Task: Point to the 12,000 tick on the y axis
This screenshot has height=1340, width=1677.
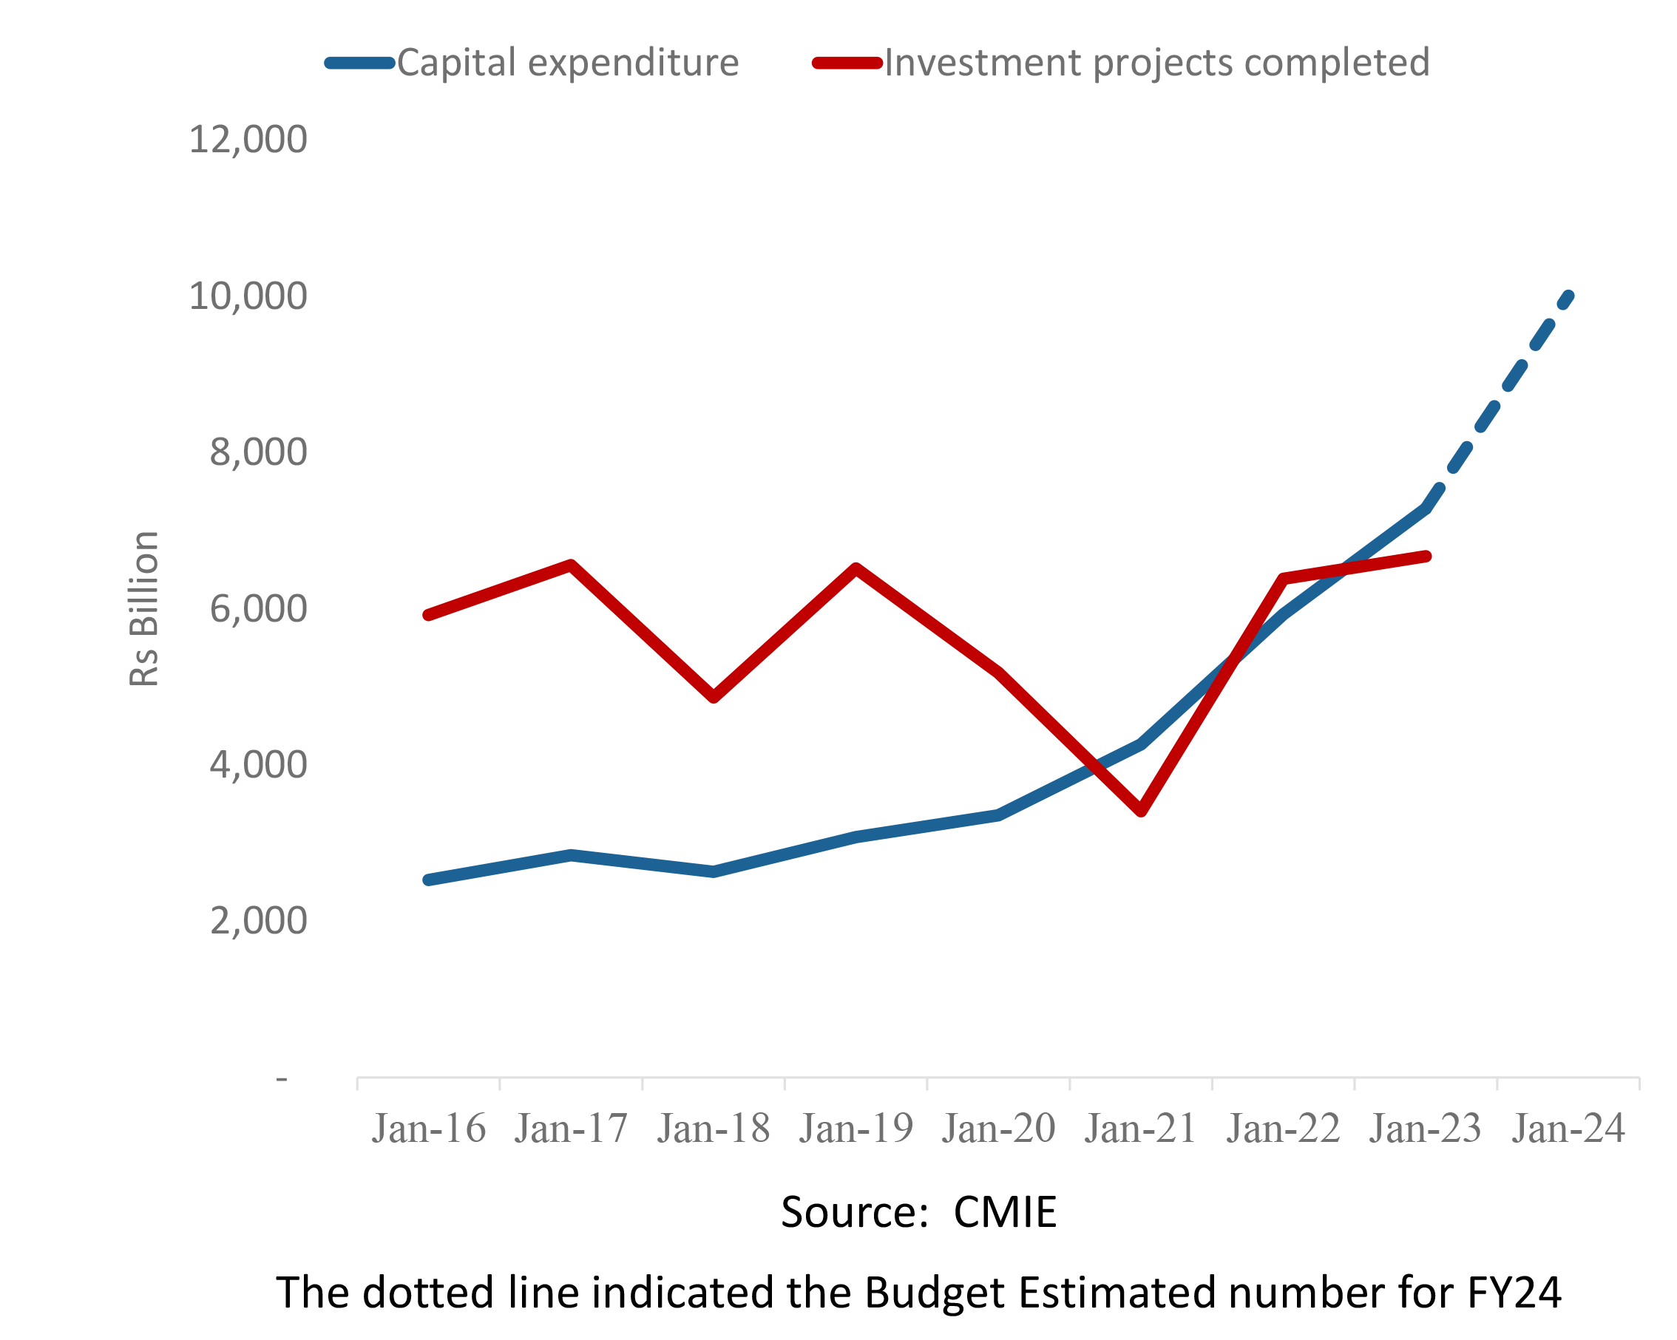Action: click(x=248, y=140)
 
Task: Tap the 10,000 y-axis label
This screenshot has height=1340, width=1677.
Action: click(x=248, y=296)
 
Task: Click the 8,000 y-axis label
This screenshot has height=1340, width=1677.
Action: click(x=258, y=452)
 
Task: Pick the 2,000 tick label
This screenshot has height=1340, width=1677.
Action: click(x=258, y=922)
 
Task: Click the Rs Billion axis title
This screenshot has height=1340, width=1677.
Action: click(x=144, y=609)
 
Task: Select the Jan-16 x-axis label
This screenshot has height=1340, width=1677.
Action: click(x=429, y=1129)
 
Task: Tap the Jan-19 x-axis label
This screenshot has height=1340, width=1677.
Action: click(x=856, y=1129)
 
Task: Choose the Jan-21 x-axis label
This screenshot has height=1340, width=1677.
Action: click(x=1140, y=1129)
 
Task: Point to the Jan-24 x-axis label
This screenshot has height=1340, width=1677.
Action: click(x=1568, y=1129)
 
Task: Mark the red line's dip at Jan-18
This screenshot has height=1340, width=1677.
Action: click(x=714, y=698)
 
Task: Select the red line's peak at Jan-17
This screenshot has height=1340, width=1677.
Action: click(x=571, y=565)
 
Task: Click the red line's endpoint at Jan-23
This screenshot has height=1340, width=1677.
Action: click(x=1426, y=556)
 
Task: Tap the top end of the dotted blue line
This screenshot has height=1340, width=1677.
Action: click(x=1570, y=296)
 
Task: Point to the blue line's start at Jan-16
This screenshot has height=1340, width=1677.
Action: click(x=429, y=880)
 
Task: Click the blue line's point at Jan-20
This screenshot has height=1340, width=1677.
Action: click(x=999, y=815)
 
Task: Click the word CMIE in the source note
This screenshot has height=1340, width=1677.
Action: click(x=1005, y=1212)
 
